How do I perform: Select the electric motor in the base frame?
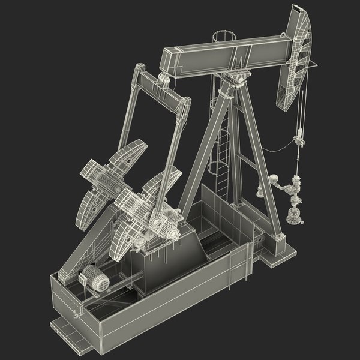[x=94, y=280]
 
